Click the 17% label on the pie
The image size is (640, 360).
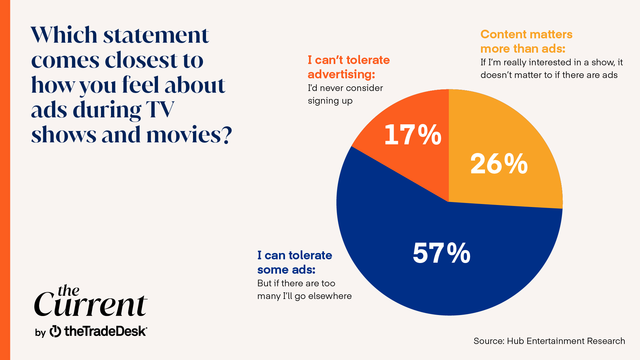[413, 135]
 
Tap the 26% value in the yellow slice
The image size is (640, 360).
[499, 164]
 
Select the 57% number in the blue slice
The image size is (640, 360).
[441, 253]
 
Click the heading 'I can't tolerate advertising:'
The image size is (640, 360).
[348, 67]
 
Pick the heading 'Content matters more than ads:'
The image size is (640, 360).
[526, 41]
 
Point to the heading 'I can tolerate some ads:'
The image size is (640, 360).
[294, 262]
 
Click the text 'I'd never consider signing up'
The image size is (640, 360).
[345, 94]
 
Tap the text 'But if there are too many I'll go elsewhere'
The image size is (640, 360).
[304, 290]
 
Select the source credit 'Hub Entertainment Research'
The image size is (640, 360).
[566, 341]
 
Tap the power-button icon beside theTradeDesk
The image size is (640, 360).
[55, 331]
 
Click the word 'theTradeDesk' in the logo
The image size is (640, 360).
[105, 331]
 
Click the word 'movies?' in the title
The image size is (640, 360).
[189, 135]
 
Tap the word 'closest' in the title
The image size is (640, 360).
[141, 60]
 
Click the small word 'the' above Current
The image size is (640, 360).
[68, 291]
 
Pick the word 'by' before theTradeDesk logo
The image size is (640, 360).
[40, 333]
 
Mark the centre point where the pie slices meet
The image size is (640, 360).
[449, 202]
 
